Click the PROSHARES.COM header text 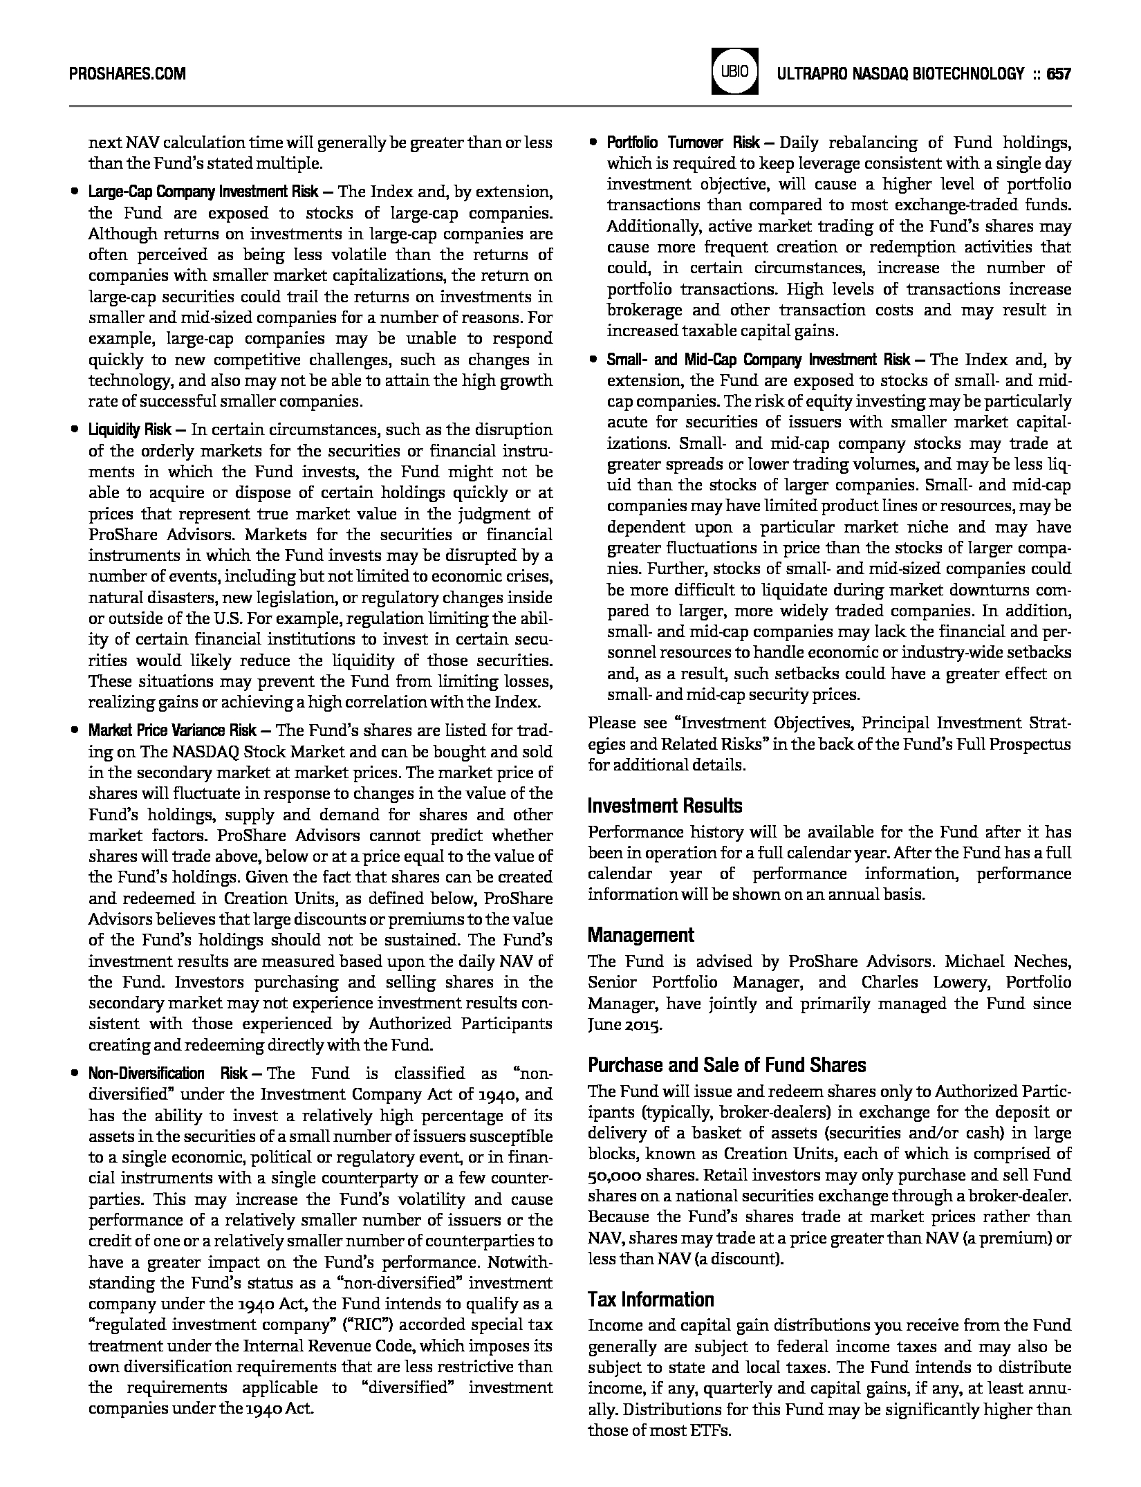[x=127, y=73]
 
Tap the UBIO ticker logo [x=734, y=72]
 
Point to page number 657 [x=1059, y=73]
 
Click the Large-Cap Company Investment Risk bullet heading [x=203, y=192]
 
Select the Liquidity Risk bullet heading [x=130, y=430]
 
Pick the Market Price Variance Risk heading [x=172, y=730]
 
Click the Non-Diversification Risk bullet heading [x=168, y=1073]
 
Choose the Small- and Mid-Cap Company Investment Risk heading [x=759, y=360]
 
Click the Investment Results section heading [x=665, y=806]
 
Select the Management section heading [x=640, y=935]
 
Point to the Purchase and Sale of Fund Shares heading [x=727, y=1064]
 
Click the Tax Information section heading [x=651, y=1300]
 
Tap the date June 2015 [x=624, y=1025]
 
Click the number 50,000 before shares [x=617, y=1176]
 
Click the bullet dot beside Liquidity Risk [x=74, y=430]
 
